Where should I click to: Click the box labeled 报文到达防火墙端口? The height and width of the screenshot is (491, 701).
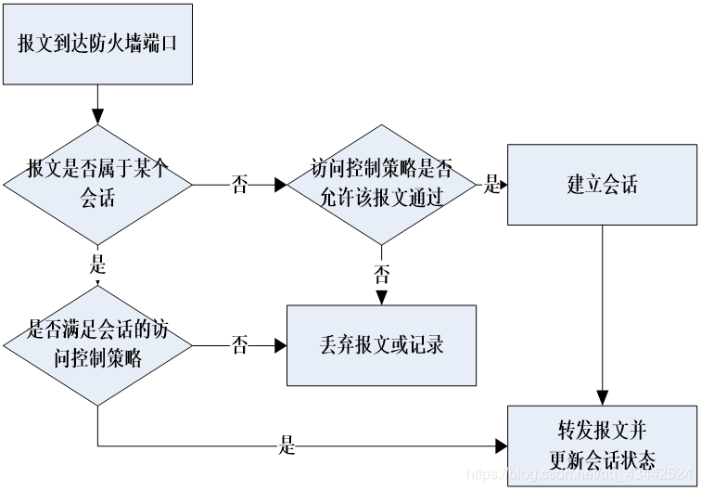tap(97, 43)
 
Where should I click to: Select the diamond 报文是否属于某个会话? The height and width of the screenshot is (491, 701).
tap(97, 184)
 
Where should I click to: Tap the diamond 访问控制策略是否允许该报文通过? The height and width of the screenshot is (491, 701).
tap(380, 184)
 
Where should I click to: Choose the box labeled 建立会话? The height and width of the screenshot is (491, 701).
tap(602, 184)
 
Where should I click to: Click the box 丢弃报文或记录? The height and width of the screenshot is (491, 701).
tap(380, 345)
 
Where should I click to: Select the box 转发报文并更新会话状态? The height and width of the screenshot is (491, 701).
tap(602, 446)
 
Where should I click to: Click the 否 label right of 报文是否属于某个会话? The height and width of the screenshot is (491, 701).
tap(239, 185)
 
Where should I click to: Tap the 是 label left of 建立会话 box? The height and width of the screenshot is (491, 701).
tap(491, 185)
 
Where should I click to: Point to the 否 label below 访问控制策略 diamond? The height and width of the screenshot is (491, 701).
tap(381, 274)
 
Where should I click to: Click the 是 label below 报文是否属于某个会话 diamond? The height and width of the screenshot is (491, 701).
tap(98, 264)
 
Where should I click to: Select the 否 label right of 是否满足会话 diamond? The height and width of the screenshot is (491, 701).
tap(239, 345)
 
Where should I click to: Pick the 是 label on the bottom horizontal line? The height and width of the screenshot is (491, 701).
tap(287, 446)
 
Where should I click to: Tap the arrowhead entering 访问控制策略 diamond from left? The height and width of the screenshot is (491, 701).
tap(281, 185)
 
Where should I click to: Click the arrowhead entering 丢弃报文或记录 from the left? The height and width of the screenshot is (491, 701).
tap(280, 345)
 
